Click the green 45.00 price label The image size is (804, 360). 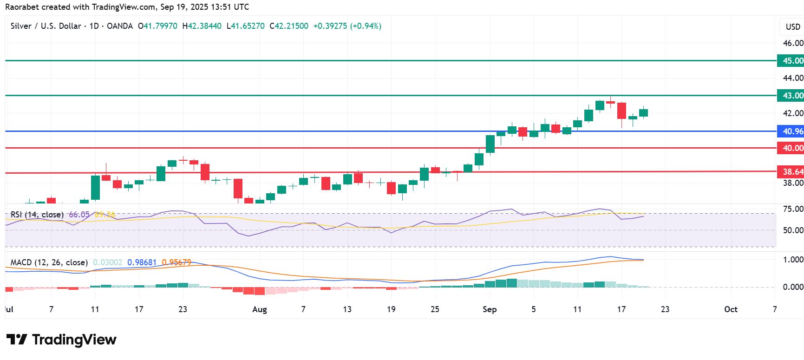pyautogui.click(x=791, y=61)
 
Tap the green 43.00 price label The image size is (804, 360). pyautogui.click(x=791, y=96)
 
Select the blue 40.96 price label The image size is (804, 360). pyautogui.click(x=791, y=131)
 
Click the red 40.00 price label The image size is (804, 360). pyautogui.click(x=791, y=148)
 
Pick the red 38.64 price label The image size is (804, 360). pyautogui.click(x=791, y=172)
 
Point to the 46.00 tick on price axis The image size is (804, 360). pyautogui.click(x=792, y=43)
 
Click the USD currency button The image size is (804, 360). pyautogui.click(x=792, y=27)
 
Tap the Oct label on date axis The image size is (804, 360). pyautogui.click(x=731, y=309)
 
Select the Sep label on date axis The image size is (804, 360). pyautogui.click(x=490, y=309)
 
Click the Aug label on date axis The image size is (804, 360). pyautogui.click(x=260, y=309)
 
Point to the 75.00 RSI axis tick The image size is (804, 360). pyautogui.click(x=792, y=209)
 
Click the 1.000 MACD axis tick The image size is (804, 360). pyautogui.click(x=792, y=260)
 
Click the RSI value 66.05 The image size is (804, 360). pyautogui.click(x=79, y=215)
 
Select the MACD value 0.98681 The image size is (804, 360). pyautogui.click(x=142, y=262)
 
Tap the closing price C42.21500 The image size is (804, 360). pyautogui.click(x=289, y=26)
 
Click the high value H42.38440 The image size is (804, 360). pyautogui.click(x=202, y=26)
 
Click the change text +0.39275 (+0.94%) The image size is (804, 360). pyautogui.click(x=347, y=26)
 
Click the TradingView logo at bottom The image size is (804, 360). pyautogui.click(x=62, y=340)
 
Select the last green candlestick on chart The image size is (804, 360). pyautogui.click(x=643, y=113)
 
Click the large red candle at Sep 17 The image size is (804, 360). pyautogui.click(x=621, y=111)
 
